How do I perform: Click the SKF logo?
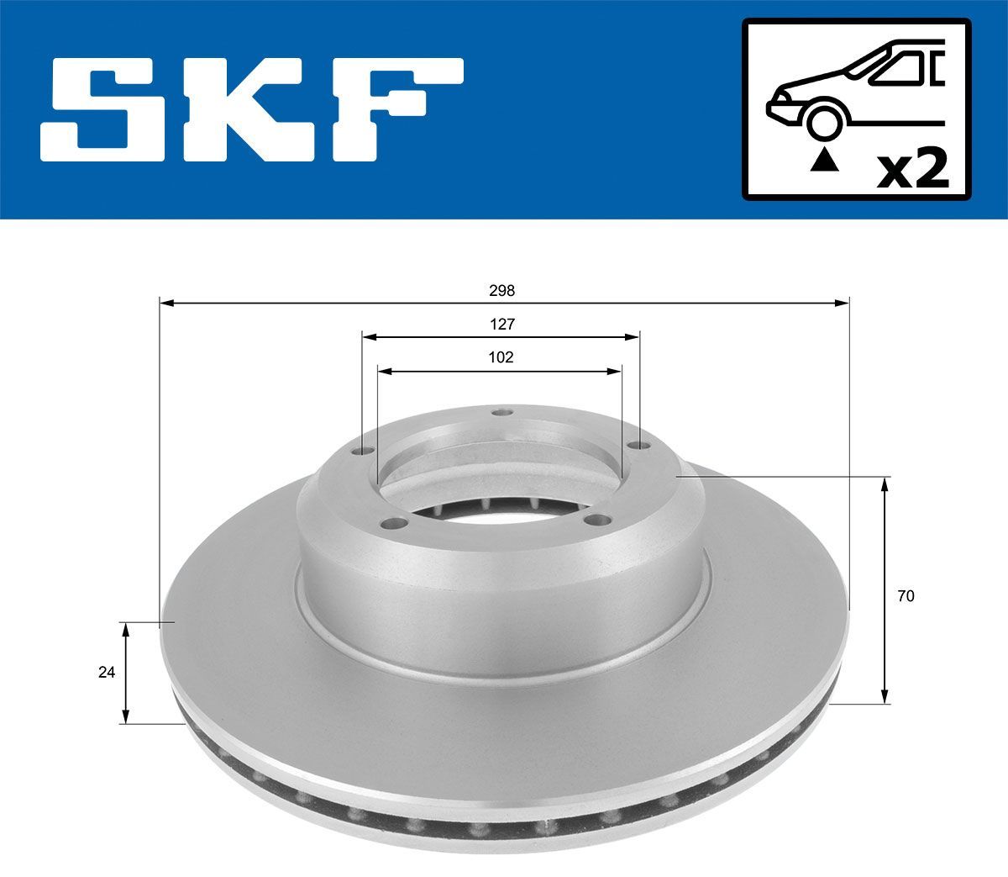[252, 108]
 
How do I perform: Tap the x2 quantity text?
[913, 170]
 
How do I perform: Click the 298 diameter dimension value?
[502, 290]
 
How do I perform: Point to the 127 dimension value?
[502, 324]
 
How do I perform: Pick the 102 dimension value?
[501, 357]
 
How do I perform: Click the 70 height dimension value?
[906, 596]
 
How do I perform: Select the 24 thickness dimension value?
[106, 672]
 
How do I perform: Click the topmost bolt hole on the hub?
[502, 412]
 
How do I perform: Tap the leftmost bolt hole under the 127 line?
[364, 452]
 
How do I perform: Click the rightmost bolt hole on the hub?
[642, 446]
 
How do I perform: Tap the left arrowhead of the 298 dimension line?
[165, 302]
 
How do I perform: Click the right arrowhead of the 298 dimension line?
[843, 302]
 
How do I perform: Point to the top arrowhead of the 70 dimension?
[885, 483]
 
